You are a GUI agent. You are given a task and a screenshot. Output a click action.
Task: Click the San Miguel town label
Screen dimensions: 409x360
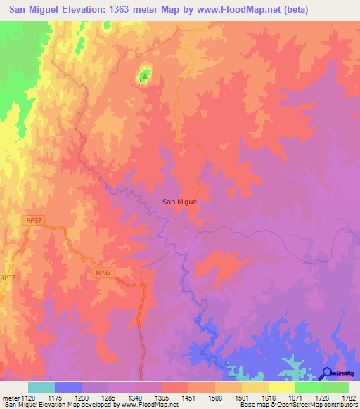[x=181, y=202]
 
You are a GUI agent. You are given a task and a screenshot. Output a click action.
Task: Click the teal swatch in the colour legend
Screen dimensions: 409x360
[x=41, y=387]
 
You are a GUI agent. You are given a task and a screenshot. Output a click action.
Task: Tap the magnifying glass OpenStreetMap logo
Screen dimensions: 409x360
[x=326, y=374]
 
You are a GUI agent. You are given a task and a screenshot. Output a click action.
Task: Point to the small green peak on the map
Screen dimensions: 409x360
[x=145, y=74]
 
